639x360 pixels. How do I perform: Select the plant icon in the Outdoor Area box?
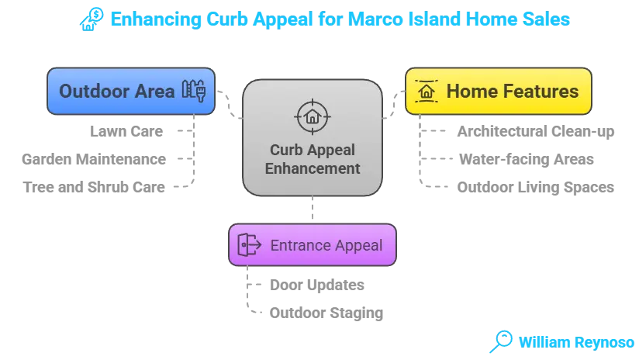coord(192,91)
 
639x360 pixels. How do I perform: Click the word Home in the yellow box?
coord(470,92)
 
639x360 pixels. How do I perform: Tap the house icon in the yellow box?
coord(426,92)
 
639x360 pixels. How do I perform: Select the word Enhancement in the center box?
coord(313,168)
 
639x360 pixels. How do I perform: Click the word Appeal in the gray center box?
coord(333,150)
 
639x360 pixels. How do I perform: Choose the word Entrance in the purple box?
coord(298,245)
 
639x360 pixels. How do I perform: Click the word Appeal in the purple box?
coord(355,245)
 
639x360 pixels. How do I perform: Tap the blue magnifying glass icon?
coord(501,340)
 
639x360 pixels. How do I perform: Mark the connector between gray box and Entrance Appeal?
coord(313,209)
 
